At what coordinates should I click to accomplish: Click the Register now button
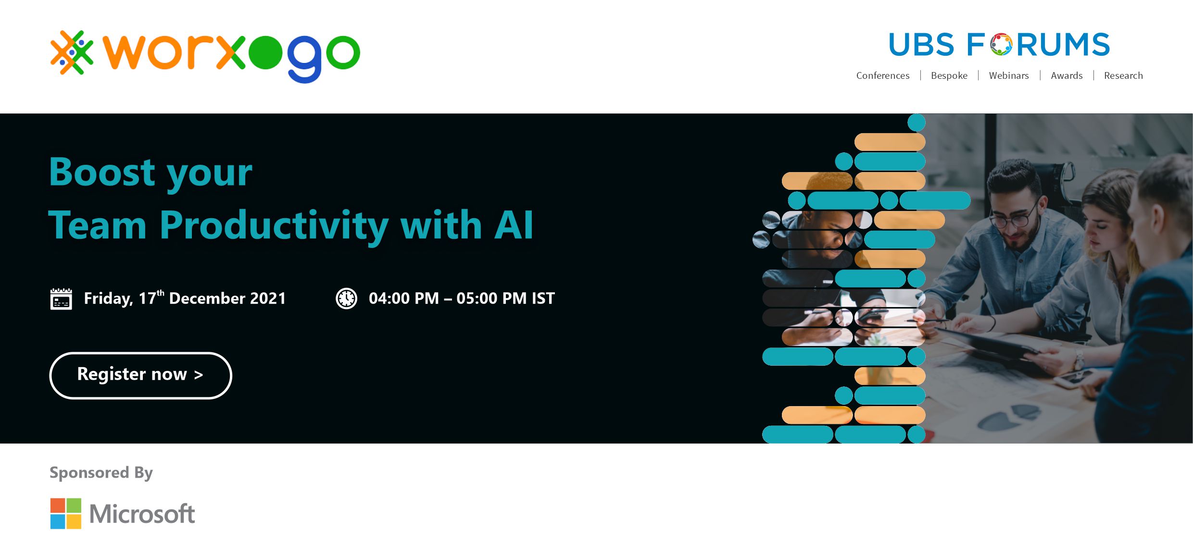[140, 375]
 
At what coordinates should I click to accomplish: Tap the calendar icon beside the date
[61, 299]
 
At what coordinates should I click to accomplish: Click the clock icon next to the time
[346, 298]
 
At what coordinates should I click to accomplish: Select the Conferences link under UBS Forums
[883, 75]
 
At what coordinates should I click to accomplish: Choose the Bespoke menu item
[949, 75]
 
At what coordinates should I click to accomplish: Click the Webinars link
[1009, 75]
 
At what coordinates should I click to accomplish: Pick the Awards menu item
[1067, 75]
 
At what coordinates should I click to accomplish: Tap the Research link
[1123, 75]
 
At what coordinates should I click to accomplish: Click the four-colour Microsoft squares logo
[66, 513]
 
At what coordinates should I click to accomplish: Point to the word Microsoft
[142, 514]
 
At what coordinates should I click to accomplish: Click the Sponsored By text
[101, 473]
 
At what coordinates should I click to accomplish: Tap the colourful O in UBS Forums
[1001, 44]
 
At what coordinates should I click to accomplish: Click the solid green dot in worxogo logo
[265, 53]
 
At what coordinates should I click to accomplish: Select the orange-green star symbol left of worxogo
[72, 52]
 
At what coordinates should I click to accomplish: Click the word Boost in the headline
[102, 172]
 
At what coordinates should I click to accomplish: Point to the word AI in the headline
[514, 225]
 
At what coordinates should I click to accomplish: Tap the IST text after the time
[543, 298]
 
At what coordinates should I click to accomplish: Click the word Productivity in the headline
[274, 226]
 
